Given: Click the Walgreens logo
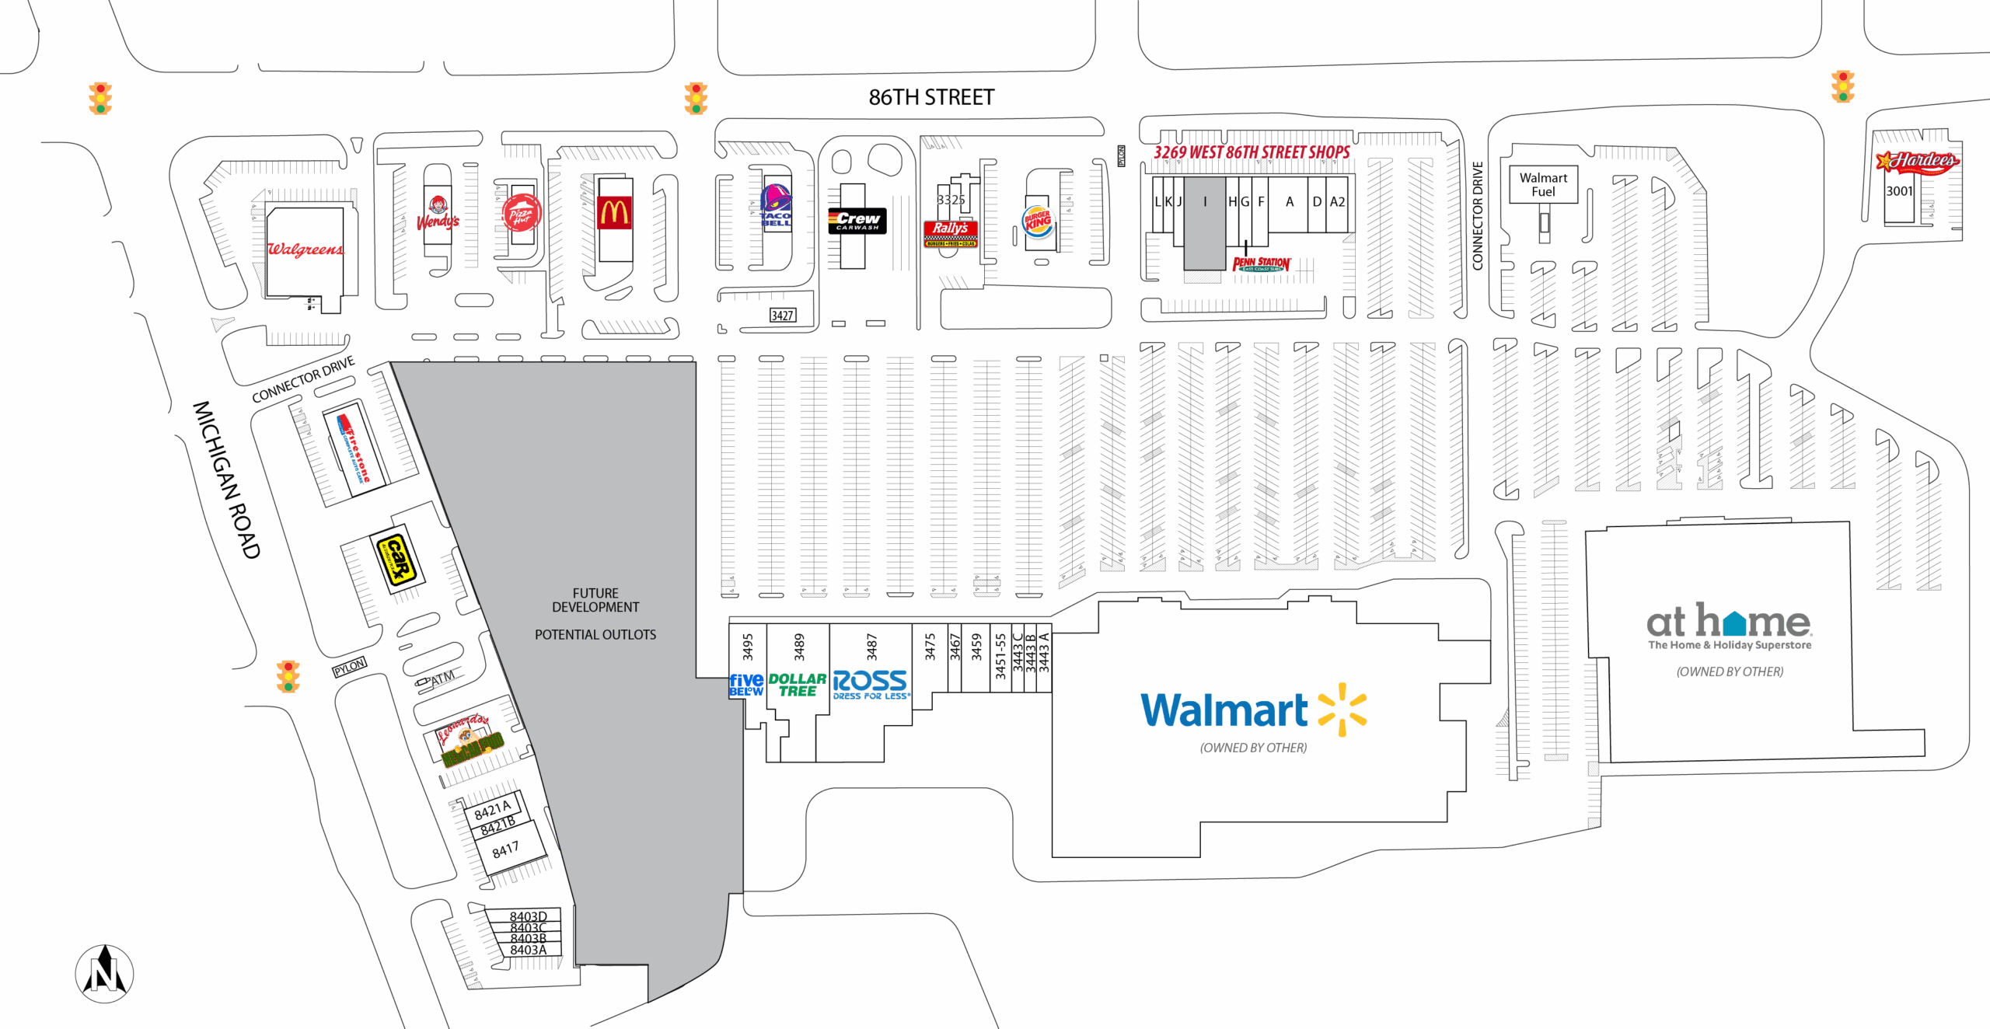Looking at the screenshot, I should pos(305,249).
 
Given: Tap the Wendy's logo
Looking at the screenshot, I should pos(438,214).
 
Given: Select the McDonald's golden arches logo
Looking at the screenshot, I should pos(614,212).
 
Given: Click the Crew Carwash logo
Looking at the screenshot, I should pos(857,221).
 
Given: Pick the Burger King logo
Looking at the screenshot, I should pos(1038,221).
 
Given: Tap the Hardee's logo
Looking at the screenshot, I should pos(1918,162).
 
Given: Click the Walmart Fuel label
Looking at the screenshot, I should pos(1543,185).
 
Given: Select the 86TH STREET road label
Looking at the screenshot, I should pos(931,97).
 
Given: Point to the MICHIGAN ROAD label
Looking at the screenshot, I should pos(226,480).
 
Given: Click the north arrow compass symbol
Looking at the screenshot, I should pos(104,973).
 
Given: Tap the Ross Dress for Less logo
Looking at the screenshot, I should pos(870,684).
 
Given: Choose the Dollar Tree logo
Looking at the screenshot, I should pos(797,685).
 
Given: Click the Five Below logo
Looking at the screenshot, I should pos(746,685).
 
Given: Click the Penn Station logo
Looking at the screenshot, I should pos(1261,264).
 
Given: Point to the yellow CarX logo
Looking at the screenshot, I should pos(397,559).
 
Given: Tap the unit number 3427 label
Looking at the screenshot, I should pos(782,315).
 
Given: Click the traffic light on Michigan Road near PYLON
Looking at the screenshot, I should pos(288,676).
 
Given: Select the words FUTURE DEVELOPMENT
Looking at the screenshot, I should pos(595,600).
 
